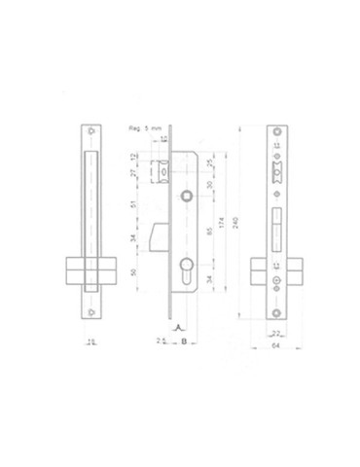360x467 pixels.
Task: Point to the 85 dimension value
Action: click(x=211, y=233)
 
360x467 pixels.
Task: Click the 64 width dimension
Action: click(x=276, y=343)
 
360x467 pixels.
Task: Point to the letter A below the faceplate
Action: click(x=175, y=329)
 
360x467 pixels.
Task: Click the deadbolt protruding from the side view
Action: click(x=160, y=233)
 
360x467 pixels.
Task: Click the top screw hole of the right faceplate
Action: click(x=276, y=133)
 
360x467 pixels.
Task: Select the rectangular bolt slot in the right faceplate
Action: click(x=276, y=220)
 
